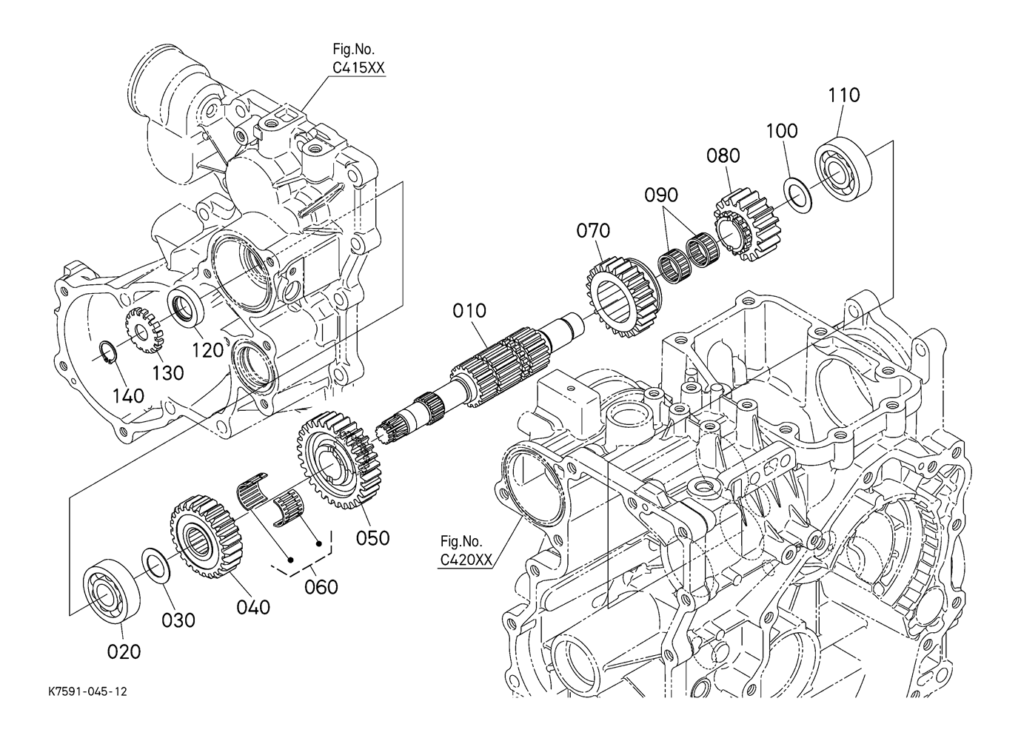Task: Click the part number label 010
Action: pyautogui.click(x=469, y=311)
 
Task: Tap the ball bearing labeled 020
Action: pyautogui.click(x=111, y=589)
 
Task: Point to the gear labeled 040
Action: pyautogui.click(x=207, y=537)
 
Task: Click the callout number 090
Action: pyautogui.click(x=661, y=195)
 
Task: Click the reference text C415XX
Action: pyautogui.click(x=358, y=68)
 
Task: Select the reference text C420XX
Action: pyautogui.click(x=466, y=560)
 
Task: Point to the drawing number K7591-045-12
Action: pyautogui.click(x=87, y=692)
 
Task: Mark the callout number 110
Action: pyautogui.click(x=844, y=95)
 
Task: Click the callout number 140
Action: pyautogui.click(x=129, y=396)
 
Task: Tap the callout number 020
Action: pyautogui.click(x=124, y=652)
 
